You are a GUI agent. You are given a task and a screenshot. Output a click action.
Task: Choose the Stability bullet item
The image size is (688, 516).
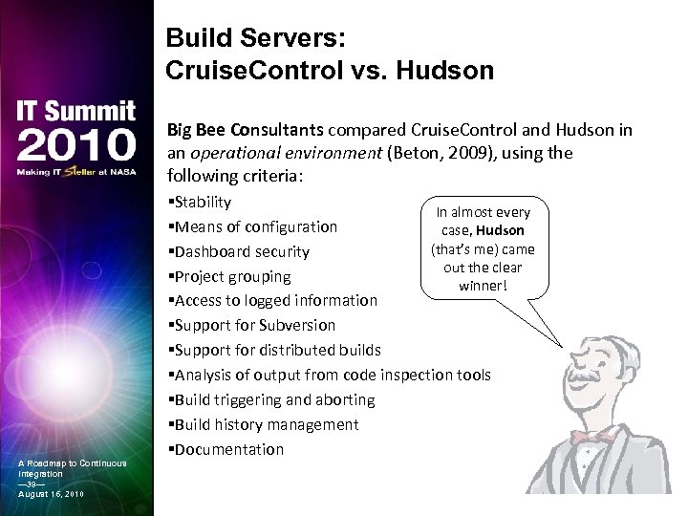(199, 202)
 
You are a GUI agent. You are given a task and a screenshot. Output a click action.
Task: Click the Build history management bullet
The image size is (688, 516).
(263, 424)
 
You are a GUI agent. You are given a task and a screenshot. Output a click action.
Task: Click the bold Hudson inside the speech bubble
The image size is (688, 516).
(500, 231)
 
